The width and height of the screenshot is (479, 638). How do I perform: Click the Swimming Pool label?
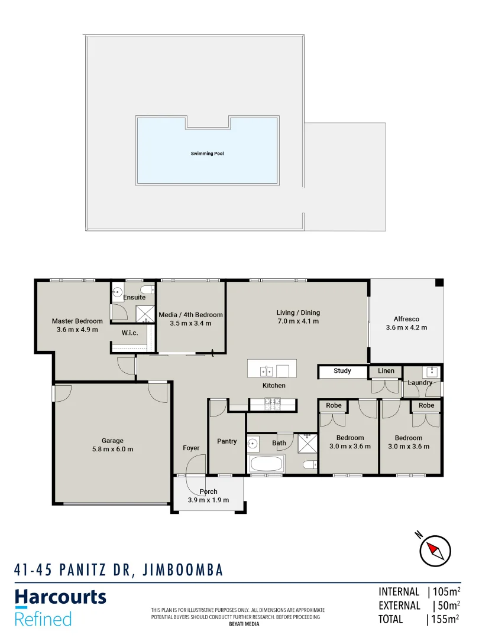click(207, 154)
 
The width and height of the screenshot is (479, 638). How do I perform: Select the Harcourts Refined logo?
click(60, 607)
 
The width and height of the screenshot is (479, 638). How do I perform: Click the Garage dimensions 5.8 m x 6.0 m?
click(112, 449)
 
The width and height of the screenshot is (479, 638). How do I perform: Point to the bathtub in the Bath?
click(267, 464)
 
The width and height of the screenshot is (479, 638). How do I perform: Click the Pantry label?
click(227, 441)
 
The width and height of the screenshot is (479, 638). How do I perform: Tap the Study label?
click(342, 371)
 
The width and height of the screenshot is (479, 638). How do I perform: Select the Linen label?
click(386, 371)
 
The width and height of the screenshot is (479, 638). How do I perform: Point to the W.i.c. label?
click(130, 333)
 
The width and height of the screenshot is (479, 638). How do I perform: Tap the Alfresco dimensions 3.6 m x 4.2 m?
click(406, 327)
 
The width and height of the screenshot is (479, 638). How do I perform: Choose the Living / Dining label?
click(297, 313)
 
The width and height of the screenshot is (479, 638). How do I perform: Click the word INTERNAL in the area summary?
click(399, 592)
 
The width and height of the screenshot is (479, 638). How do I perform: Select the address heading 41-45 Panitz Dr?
click(118, 569)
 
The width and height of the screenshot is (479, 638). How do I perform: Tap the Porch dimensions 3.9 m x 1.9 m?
click(208, 500)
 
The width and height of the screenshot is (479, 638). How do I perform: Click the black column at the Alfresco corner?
click(439, 284)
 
